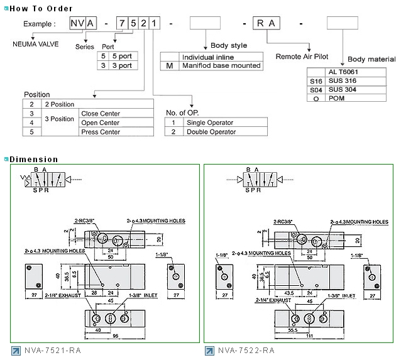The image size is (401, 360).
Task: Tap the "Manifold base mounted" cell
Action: coord(221,65)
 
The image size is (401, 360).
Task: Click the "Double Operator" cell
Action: coord(210,132)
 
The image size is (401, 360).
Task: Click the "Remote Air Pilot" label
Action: coord(302,57)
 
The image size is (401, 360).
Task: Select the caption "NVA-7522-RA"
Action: coord(247,350)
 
